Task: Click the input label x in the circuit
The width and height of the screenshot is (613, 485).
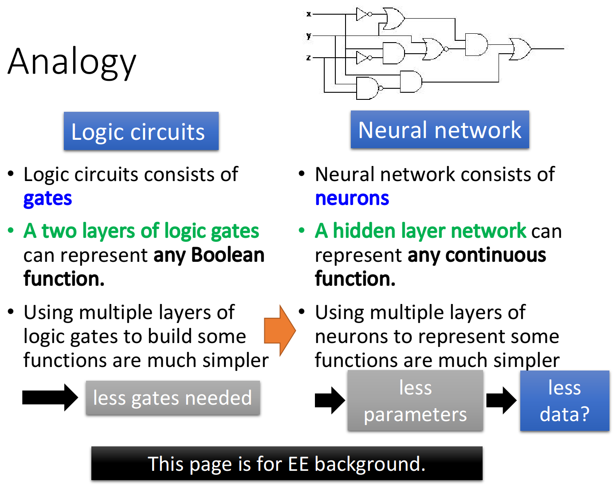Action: click(309, 14)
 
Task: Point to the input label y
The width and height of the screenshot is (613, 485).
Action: click(309, 35)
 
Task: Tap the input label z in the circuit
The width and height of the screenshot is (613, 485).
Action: click(309, 58)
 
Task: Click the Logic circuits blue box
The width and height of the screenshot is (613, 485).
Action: click(141, 131)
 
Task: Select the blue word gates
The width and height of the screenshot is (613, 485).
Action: click(47, 199)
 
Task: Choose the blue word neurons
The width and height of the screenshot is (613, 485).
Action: click(352, 198)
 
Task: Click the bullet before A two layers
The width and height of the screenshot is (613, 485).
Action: click(11, 231)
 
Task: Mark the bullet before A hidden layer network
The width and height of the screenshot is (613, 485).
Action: click(302, 231)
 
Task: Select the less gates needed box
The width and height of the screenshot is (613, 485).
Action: click(173, 398)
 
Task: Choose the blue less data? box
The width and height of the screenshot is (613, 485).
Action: click(564, 401)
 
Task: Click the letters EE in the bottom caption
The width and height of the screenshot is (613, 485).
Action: click(298, 464)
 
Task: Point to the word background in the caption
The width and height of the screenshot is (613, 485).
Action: click(369, 465)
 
